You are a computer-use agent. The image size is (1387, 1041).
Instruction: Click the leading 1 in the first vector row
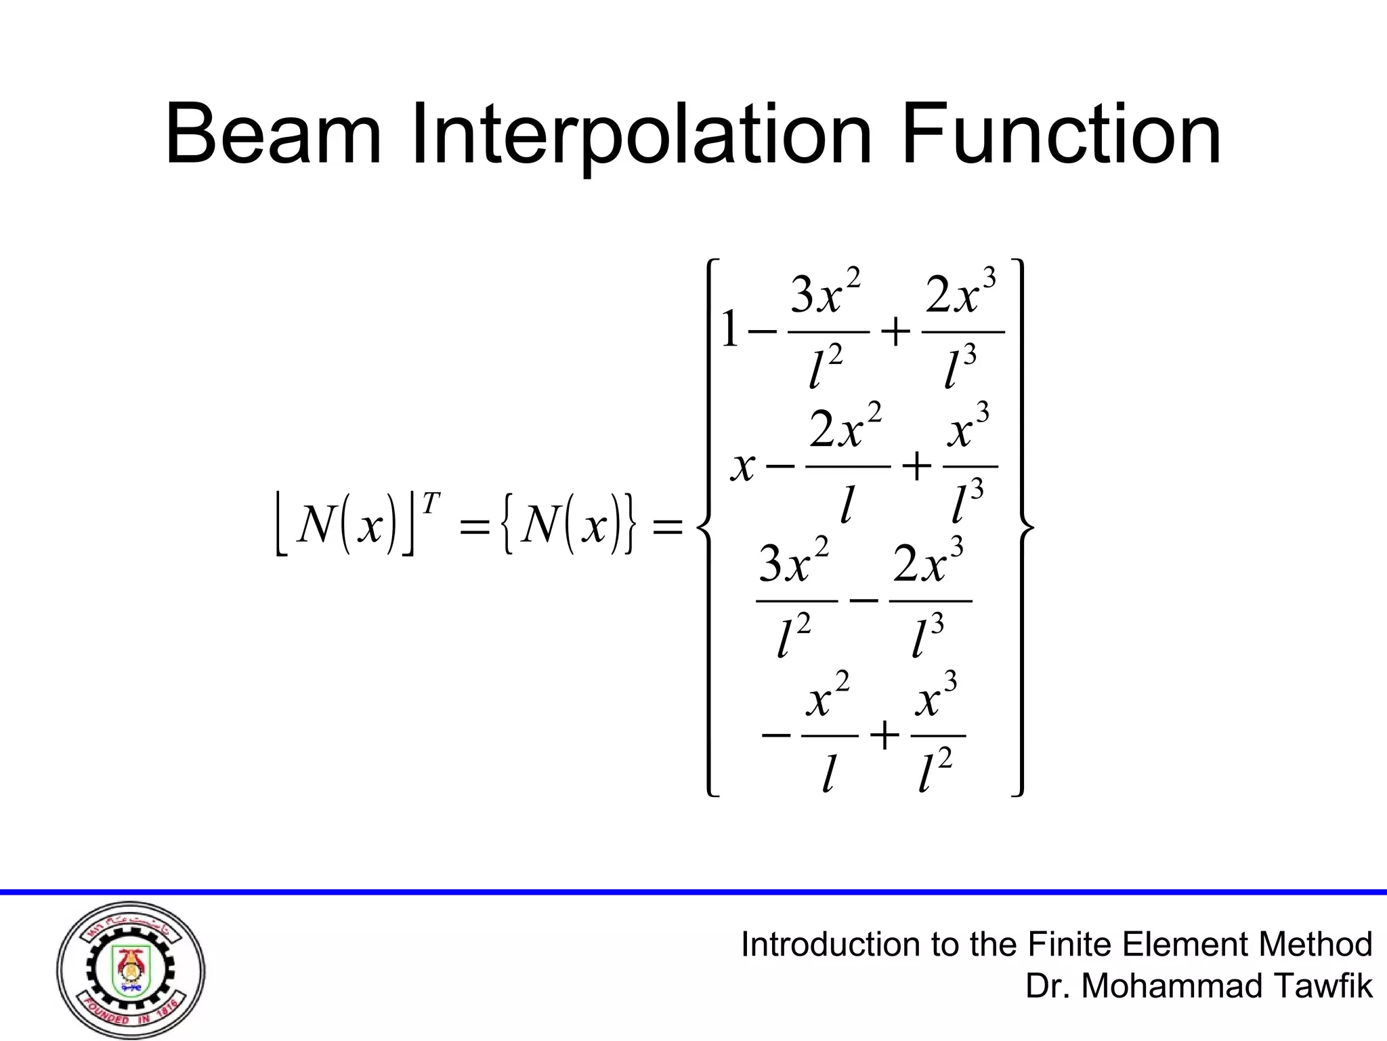click(729, 330)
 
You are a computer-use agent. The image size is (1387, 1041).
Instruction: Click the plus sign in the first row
click(895, 333)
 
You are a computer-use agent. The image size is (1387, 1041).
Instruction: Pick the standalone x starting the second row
click(743, 467)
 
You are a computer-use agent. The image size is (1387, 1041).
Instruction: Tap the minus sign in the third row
click(863, 600)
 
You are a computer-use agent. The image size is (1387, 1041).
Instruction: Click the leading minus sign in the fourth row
click(776, 735)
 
